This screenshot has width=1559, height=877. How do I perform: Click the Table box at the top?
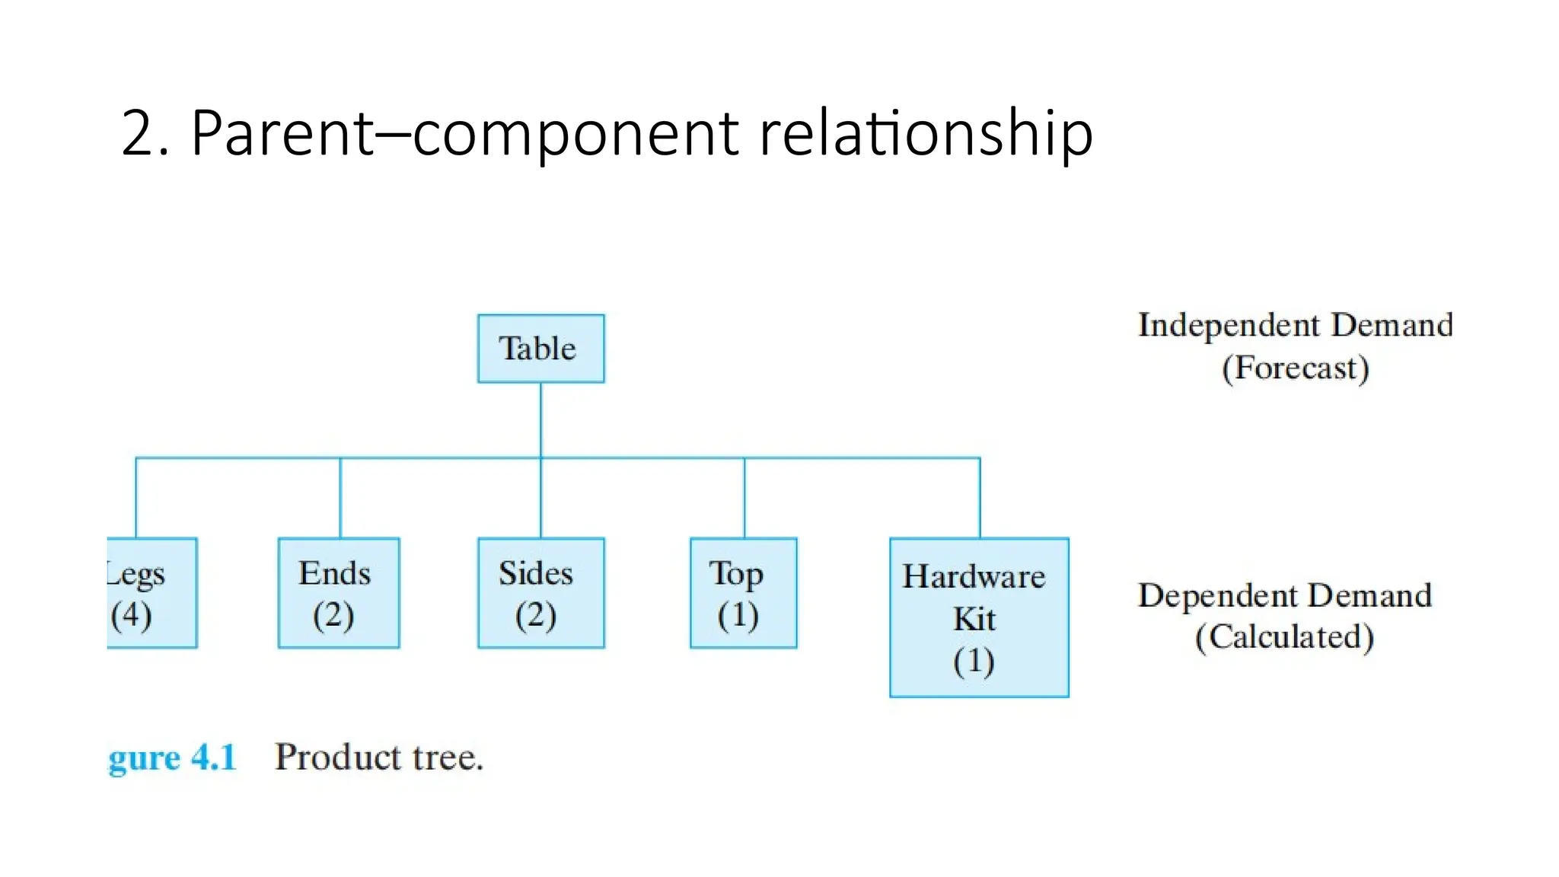tap(540, 349)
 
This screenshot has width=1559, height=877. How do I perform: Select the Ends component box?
tap(339, 593)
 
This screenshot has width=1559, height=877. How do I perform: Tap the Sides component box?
tap(540, 593)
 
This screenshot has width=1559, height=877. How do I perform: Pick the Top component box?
tap(743, 593)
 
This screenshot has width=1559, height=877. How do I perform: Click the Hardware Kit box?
tap(979, 617)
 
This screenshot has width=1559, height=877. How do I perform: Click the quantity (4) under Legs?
tap(131, 615)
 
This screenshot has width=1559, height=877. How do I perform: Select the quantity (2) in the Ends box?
tap(333, 615)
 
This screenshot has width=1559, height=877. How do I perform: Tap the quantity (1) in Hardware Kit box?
tap(974, 661)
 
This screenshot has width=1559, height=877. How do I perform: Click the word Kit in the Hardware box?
tap(974, 619)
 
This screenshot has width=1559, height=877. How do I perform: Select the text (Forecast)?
tap(1296, 368)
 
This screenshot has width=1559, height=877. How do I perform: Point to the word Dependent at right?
tap(1217, 596)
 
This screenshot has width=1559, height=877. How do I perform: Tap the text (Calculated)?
tap(1284, 637)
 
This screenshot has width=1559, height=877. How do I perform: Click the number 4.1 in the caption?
tap(214, 757)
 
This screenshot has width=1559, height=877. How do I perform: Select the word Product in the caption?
tap(337, 757)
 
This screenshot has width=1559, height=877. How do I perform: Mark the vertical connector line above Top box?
tap(744, 498)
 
